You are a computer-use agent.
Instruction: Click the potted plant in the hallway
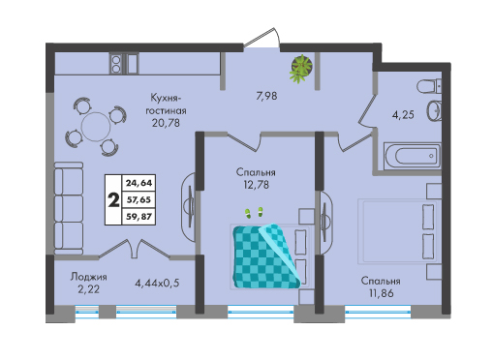tap(301, 69)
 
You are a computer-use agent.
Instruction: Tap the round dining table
tap(96, 127)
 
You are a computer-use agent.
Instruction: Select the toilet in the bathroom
tap(429, 87)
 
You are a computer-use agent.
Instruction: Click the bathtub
tap(412, 156)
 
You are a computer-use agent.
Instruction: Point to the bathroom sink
tap(434, 110)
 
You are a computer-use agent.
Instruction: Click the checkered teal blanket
tap(265, 256)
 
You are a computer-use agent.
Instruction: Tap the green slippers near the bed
tap(254, 213)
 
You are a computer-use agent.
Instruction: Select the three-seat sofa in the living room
tap(69, 208)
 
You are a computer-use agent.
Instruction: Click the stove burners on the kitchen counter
tap(115, 64)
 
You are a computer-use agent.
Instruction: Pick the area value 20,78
tap(166, 123)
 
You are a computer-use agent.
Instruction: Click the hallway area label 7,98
tap(266, 96)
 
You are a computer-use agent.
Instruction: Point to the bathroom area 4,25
tap(403, 114)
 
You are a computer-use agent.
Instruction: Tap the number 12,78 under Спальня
tap(257, 185)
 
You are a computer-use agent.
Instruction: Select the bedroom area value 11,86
tap(382, 293)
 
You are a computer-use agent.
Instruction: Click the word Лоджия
tap(89, 277)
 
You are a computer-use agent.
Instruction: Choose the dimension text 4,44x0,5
tap(157, 284)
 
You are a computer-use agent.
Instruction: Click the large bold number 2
tap(113, 200)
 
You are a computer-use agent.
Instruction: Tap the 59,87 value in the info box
tap(139, 217)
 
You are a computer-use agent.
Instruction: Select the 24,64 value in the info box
tap(139, 183)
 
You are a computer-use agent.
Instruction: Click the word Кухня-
tap(167, 98)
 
